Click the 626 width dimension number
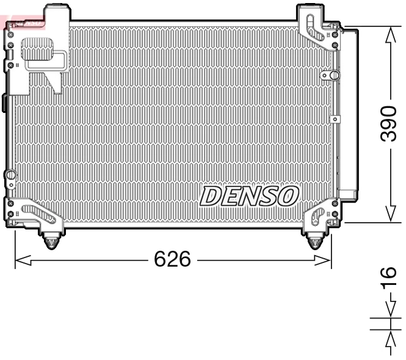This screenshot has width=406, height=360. click(172, 260)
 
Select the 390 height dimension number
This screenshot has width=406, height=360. click(388, 123)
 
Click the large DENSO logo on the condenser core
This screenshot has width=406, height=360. click(249, 196)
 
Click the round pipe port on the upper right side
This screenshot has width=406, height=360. click(333, 75)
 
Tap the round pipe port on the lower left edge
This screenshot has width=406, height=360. click(9, 176)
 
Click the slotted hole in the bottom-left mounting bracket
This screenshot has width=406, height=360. click(38, 212)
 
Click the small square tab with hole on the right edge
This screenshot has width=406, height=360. click(333, 119)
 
